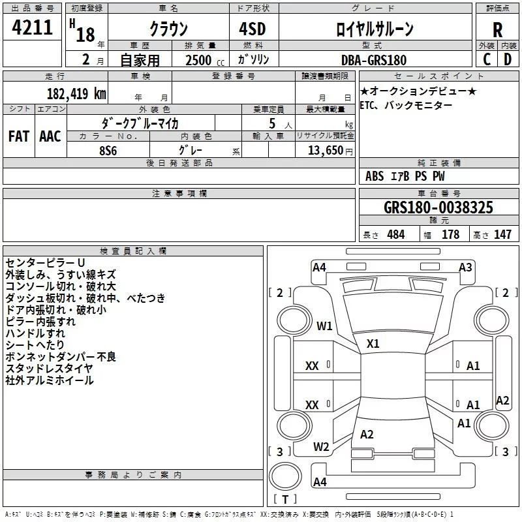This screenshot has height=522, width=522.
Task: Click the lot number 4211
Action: [32, 27]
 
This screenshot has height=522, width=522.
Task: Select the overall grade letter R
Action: [497, 30]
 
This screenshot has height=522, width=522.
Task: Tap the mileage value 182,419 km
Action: [76, 93]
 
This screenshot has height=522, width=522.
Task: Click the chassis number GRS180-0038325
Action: [438, 207]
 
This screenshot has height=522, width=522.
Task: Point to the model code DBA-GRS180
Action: [374, 60]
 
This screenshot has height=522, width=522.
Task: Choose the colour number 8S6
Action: [108, 151]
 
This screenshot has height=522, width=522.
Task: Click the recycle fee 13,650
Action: [325, 150]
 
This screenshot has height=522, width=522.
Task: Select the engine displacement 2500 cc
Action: [205, 60]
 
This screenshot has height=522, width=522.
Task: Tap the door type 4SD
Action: [253, 29]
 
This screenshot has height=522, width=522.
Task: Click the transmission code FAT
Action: [19, 136]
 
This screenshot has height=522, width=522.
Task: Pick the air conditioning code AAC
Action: [50, 136]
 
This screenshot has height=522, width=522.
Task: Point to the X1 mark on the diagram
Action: [373, 344]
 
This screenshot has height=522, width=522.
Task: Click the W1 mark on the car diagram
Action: [324, 326]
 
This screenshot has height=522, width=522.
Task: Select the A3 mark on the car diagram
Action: [465, 268]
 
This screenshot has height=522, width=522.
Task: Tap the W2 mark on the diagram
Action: [321, 447]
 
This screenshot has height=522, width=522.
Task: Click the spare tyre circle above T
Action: [285, 476]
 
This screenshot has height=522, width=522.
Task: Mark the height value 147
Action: [502, 234]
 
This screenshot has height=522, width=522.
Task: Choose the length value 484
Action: [396, 234]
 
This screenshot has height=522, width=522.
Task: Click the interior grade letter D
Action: [508, 59]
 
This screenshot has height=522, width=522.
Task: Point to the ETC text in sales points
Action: [368, 105]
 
